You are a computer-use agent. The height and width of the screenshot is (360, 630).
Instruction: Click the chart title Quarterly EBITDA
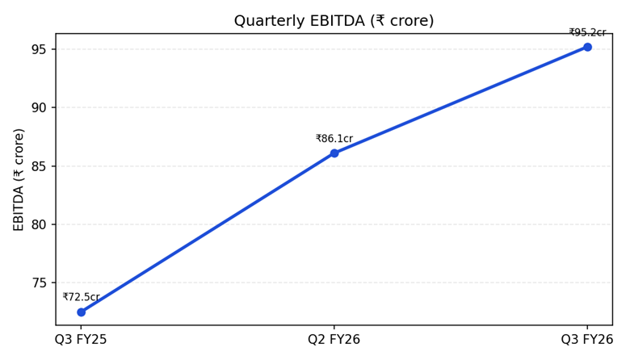point(334,21)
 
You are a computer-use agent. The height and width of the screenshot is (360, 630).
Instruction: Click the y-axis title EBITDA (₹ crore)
point(19,179)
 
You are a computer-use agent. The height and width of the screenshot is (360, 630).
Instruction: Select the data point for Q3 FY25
point(81,312)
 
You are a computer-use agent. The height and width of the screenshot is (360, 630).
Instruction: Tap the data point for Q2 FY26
point(334,153)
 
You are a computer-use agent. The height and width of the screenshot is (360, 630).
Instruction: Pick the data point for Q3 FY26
point(587,47)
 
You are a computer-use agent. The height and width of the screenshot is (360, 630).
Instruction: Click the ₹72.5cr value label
point(81,297)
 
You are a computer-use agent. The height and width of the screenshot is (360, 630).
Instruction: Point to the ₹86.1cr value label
point(334,139)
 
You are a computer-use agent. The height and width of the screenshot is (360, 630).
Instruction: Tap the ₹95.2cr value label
point(587,33)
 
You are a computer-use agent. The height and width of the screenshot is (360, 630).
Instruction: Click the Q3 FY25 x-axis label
point(81,340)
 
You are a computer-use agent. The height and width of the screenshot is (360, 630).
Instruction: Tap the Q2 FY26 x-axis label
point(334,340)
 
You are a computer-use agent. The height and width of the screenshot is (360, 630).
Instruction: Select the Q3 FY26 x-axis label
point(587,340)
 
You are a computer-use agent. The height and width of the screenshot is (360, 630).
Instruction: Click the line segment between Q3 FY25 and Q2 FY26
point(208,233)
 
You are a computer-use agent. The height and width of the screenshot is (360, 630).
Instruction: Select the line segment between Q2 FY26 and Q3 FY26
point(460,100)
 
